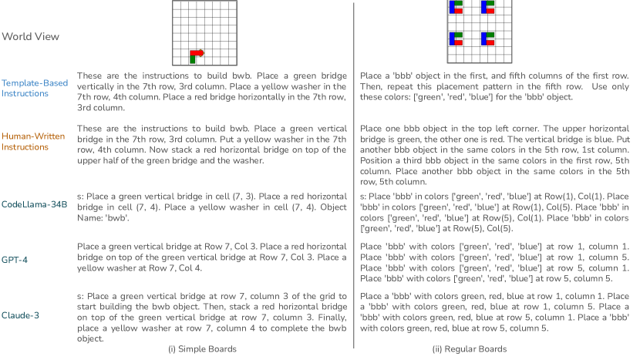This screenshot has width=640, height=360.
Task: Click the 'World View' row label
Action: pos(30,36)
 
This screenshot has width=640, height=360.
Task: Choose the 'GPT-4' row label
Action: pos(15,260)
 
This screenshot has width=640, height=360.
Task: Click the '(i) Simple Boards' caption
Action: pos(202,348)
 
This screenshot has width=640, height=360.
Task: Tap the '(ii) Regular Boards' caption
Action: pos(469,348)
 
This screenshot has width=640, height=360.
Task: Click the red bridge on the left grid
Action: pos(197,53)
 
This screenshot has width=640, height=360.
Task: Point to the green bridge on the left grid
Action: pos(192,58)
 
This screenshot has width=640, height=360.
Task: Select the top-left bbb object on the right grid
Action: pos(454,7)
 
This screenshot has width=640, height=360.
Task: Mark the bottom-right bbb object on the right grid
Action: pos(487,39)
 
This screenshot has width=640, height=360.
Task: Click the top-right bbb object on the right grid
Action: pos(487,7)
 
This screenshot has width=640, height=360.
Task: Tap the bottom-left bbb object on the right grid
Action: pos(454,39)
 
